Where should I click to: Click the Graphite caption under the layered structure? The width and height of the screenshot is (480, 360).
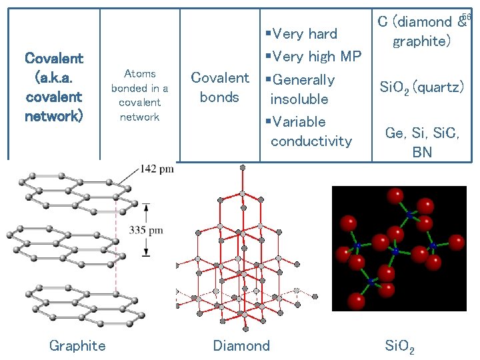pos(77,345)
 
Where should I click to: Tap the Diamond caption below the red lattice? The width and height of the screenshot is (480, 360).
pos(241,345)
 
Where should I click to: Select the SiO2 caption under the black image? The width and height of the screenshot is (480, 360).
pos(400,346)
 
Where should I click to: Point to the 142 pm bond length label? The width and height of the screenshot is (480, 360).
pos(157,169)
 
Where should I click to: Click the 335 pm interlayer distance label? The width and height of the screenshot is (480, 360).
pos(147,231)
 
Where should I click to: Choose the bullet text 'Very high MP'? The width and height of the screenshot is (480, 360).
pos(313,57)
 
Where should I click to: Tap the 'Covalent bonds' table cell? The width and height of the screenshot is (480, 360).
pos(219,88)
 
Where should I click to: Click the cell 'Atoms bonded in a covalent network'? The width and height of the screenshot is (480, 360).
pos(139,95)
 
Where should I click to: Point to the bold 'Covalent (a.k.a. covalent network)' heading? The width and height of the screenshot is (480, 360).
pos(53,87)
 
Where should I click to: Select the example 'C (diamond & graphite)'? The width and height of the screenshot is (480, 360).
pos(422,31)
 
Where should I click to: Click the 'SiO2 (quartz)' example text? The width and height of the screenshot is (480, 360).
pos(421,87)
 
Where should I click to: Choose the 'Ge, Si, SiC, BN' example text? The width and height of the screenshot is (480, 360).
pos(421,142)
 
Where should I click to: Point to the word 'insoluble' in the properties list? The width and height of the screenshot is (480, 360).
pos(299,99)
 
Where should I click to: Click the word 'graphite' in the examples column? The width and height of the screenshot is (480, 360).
pos(422,41)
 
